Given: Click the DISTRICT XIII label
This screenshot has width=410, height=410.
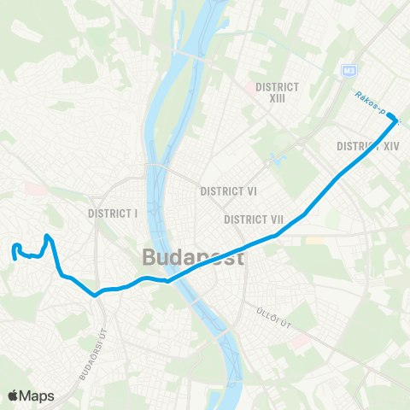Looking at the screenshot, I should (277, 92).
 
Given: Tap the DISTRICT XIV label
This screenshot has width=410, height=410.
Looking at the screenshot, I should (368, 146).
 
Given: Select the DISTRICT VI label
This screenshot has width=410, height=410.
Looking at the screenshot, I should (228, 191).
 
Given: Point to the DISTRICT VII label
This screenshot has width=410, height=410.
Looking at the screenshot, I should (254, 220).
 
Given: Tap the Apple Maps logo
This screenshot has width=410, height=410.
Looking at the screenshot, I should (31, 395).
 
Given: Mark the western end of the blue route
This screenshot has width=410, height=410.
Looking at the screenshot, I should (15, 254).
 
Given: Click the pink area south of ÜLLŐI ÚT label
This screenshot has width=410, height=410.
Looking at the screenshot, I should (299, 342).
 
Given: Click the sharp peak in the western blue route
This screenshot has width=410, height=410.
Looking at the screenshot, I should (48, 236).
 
